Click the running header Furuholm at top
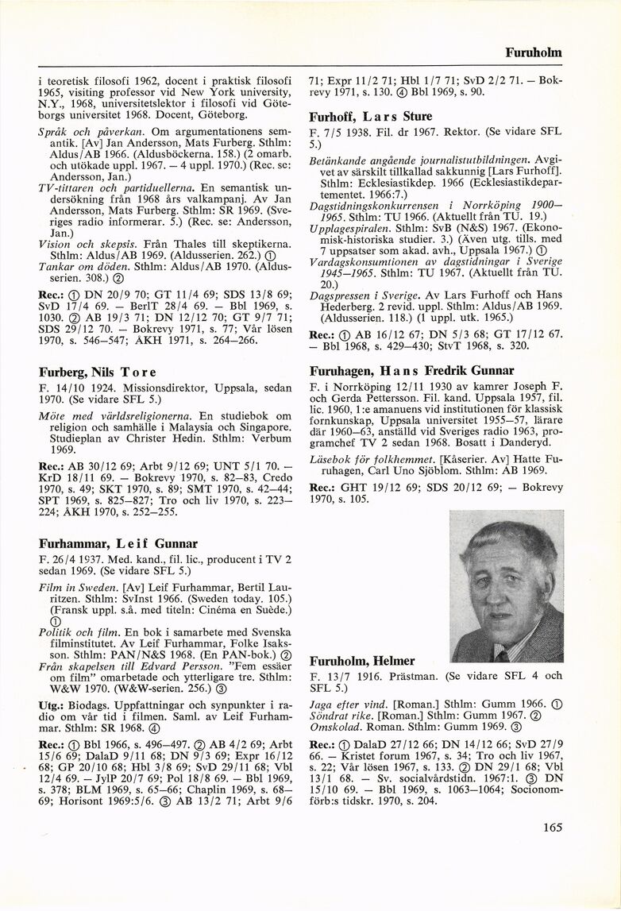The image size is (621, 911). click(533, 52)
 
